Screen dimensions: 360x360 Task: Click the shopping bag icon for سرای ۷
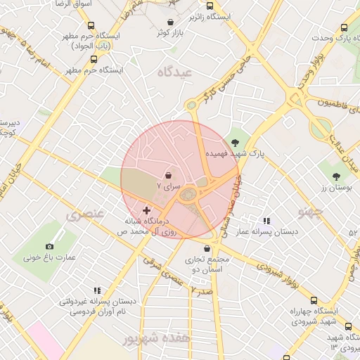168,174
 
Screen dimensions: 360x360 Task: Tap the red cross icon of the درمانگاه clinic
146,210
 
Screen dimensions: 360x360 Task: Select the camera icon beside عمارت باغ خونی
49,246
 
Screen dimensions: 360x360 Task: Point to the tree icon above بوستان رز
337,176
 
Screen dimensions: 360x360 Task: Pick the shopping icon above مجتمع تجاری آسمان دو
206,248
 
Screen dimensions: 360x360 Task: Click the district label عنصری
85,214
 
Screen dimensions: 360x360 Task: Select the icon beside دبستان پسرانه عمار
265,220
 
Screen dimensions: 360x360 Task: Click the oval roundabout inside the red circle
188,194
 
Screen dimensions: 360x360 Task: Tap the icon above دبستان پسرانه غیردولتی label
97,290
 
